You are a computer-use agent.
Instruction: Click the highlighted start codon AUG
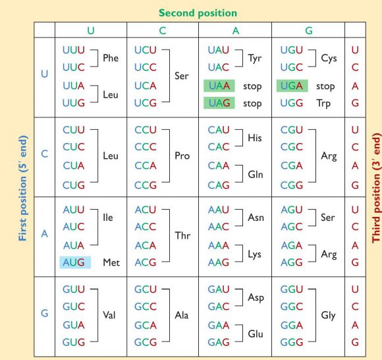coord(75,262)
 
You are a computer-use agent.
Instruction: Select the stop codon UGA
coord(292,86)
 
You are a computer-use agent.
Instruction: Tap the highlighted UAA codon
coord(219,86)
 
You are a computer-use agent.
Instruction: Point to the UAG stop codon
coord(219,103)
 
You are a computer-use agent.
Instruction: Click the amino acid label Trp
coord(324,104)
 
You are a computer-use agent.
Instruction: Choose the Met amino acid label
coord(111,262)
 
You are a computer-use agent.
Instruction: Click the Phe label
coord(111,58)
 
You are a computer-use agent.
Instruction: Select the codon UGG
coord(292,103)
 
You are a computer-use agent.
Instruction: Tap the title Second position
coord(198,13)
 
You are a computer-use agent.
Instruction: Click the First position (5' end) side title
coord(23,189)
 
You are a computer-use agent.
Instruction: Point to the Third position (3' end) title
coord(376,188)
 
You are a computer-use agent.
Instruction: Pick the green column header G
coord(309,31)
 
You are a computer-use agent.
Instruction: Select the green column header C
coord(163,31)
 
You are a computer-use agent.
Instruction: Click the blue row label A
coord(44,234)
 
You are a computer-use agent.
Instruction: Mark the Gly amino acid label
coord(329,315)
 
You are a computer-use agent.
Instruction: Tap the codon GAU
coord(219,289)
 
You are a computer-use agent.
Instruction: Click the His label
coord(255,138)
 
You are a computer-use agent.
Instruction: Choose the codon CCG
coord(146,185)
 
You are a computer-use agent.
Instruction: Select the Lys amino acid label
coord(255,255)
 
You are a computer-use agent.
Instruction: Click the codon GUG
coord(74,342)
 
